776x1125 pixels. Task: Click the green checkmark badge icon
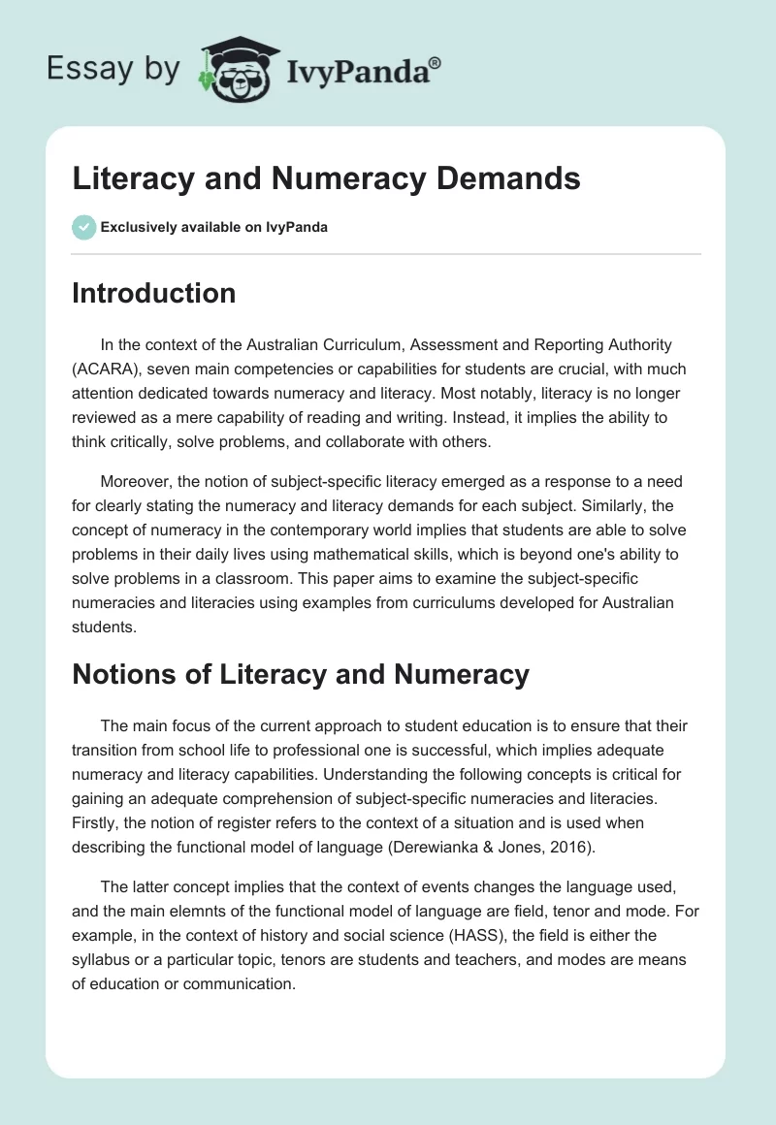(83, 227)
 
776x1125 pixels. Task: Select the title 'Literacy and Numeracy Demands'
(326, 178)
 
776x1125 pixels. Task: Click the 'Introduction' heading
(153, 293)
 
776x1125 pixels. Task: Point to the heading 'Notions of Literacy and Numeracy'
(301, 674)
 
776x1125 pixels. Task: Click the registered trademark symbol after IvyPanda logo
(436, 62)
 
